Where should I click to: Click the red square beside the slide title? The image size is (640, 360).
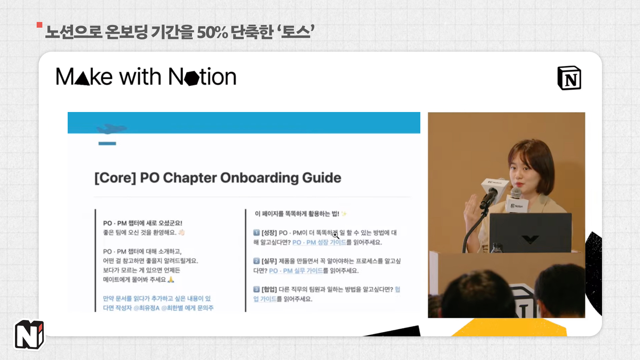(40, 25)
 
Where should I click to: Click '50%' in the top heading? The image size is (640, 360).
(212, 32)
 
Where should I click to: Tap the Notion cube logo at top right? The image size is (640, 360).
(569, 78)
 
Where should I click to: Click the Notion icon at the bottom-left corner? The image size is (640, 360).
(29, 334)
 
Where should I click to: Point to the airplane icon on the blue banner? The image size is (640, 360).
(111, 129)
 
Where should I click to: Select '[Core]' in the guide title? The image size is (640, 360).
(115, 178)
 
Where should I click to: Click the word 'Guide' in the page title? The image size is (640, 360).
(321, 178)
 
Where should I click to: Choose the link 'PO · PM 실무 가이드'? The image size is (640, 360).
(296, 271)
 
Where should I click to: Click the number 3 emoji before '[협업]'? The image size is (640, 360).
(256, 289)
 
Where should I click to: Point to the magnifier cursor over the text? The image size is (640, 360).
(335, 235)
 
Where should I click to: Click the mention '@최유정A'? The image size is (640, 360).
(146, 308)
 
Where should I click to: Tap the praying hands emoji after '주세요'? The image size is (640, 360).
(171, 279)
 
